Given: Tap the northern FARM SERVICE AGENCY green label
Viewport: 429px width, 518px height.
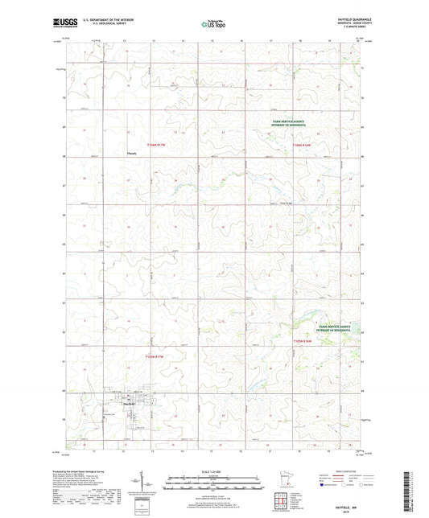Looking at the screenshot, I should click(x=290, y=123).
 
